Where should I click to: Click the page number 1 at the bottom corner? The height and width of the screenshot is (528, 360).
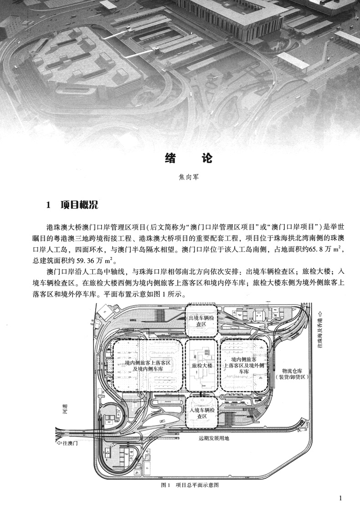[340, 498]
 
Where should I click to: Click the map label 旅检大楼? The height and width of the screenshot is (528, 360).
[202, 365]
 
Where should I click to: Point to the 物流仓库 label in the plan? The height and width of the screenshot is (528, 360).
[295, 371]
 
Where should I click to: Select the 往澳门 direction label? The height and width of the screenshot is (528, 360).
[71, 442]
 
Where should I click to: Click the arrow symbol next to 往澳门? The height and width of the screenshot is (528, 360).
[59, 442]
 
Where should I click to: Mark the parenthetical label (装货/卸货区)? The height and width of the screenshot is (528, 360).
[295, 378]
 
